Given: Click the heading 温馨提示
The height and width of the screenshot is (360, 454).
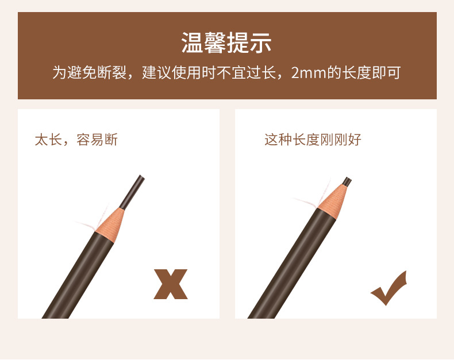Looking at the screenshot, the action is tap(226, 42).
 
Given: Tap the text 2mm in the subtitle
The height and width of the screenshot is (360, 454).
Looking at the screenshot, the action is tap(309, 73).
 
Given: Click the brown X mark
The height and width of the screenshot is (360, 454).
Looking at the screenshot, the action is tap(171, 284).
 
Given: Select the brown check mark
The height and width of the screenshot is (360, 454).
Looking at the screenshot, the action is tap(389, 288).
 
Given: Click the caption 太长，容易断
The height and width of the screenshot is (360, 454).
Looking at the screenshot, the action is tap(76, 140).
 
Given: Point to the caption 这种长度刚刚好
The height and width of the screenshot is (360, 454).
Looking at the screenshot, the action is tap(313, 140).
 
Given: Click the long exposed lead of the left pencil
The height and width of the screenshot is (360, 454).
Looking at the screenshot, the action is tap(132, 192).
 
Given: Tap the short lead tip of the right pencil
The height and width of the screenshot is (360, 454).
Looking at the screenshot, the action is tap(347, 182).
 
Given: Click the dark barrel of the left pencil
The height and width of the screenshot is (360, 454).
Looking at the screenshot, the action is tap(78, 275).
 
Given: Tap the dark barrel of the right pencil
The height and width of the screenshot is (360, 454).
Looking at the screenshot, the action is tap(291, 264).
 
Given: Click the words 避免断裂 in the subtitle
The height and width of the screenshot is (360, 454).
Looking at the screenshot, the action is tap(97, 73).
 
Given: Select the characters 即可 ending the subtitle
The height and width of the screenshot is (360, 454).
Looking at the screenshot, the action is tap(387, 73).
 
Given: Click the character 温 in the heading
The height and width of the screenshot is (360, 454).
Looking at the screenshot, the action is tap(193, 42).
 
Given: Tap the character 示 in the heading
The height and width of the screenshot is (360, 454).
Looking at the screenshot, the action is tap(260, 42).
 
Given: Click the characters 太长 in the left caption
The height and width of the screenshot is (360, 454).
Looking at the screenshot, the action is tap(48, 140).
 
